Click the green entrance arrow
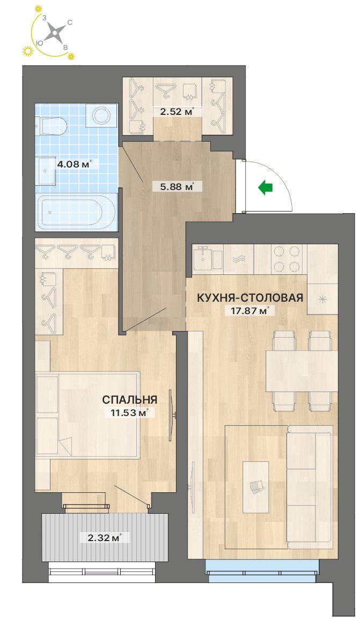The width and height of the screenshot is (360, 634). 266,187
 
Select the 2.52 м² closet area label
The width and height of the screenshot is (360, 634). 176,111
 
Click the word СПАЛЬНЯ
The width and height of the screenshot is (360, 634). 130,400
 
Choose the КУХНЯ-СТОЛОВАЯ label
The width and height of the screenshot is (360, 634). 249,298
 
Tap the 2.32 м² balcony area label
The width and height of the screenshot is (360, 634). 105,538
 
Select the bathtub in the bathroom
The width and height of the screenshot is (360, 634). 76,212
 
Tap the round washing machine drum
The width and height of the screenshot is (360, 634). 101,116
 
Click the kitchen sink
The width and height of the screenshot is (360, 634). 208,259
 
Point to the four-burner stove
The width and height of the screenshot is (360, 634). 287,259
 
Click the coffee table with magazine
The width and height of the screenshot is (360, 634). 256,487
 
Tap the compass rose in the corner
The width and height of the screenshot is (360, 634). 55,32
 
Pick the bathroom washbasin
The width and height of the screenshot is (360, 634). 47,171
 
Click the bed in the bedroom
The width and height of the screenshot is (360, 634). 87,415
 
